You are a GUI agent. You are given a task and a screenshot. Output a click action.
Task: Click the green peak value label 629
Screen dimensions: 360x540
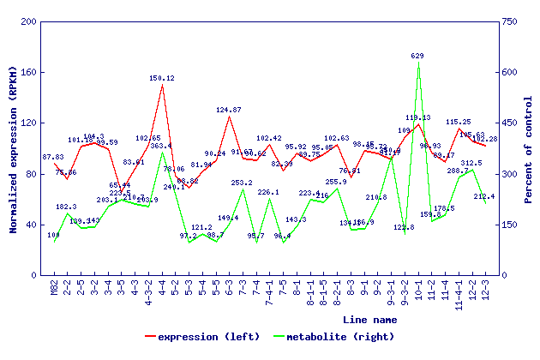(417, 56)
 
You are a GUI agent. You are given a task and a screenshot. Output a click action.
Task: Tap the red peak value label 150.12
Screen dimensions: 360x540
(162, 78)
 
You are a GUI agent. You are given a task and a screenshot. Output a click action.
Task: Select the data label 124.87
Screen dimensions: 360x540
(229, 110)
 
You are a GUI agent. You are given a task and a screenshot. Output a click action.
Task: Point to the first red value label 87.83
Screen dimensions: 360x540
(53, 157)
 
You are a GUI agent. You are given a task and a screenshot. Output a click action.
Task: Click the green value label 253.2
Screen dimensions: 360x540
(242, 183)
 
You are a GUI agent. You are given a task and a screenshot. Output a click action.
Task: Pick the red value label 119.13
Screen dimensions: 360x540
(418, 117)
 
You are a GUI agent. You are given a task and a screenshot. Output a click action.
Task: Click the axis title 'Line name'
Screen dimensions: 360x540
(369, 320)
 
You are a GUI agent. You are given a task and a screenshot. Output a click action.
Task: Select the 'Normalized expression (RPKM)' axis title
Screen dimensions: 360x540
(13, 147)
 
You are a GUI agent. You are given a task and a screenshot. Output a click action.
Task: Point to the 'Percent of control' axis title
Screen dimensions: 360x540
(529, 147)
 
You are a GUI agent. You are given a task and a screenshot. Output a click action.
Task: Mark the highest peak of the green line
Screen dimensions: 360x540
(418, 63)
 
